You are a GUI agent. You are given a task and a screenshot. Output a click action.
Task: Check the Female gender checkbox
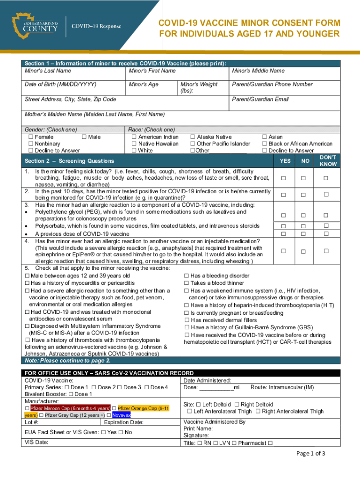pos(31,137)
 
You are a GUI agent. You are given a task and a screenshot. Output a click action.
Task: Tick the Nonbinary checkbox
pos(31,144)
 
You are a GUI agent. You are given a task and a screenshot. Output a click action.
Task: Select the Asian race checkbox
pos(265,137)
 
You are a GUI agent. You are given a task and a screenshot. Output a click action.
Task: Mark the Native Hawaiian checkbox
pos(134,144)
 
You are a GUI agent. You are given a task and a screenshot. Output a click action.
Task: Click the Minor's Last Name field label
pos(48,71)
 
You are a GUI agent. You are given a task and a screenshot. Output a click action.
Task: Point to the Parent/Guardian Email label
pos(260,99)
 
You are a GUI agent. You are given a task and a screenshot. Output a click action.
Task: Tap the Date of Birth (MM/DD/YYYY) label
pos(60,84)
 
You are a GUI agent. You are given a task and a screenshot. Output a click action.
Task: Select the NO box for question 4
pos(304,251)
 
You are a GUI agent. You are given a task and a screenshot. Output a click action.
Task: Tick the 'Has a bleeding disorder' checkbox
pos(187,276)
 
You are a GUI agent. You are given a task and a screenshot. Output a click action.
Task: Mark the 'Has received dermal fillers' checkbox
pos(187,320)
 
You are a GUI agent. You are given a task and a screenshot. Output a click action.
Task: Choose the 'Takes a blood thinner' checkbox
pos(187,283)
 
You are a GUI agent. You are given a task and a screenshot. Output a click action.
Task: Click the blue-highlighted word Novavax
pos(122,415)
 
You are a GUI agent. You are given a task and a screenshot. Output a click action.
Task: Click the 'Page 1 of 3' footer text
pos(311,453)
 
